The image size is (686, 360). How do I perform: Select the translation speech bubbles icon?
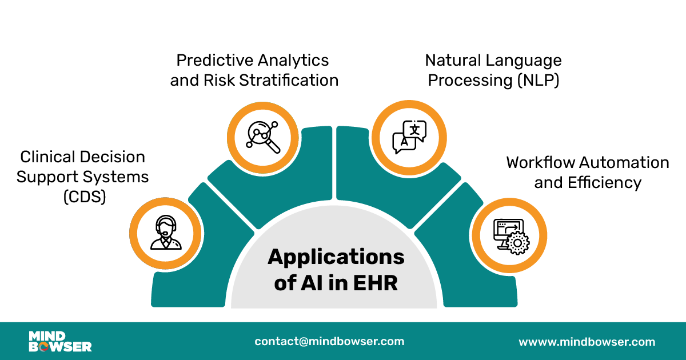point(409,137)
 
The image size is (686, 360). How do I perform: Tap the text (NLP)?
point(537,80)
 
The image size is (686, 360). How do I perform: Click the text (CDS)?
point(84,197)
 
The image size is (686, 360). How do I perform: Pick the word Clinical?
point(49,157)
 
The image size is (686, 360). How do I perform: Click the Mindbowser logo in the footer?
point(60,341)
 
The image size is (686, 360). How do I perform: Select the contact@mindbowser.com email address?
point(329,341)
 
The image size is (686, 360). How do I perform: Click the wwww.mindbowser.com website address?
point(587,342)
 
